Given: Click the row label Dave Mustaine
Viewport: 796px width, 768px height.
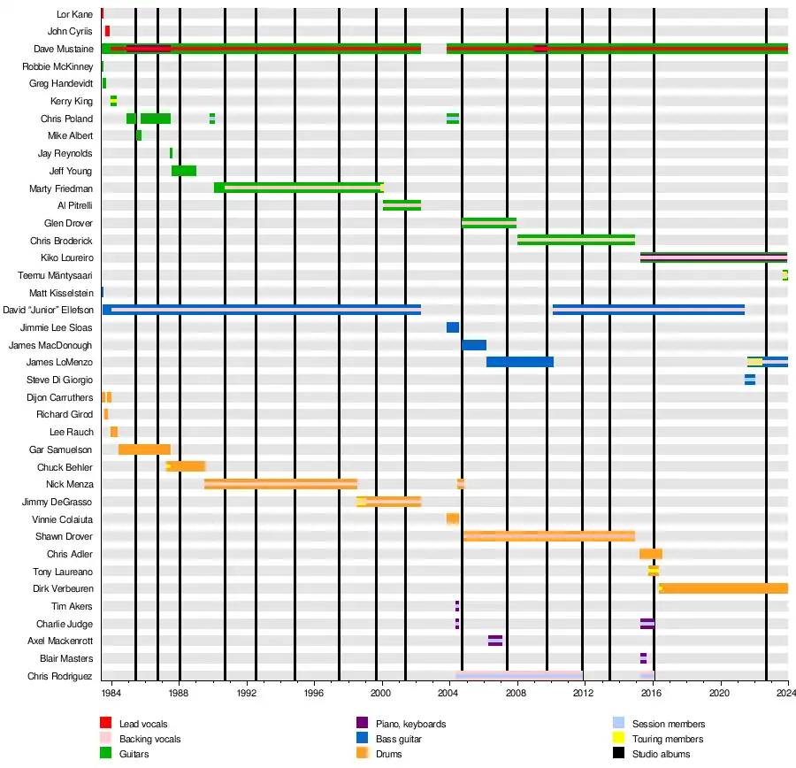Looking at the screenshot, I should click(x=63, y=49).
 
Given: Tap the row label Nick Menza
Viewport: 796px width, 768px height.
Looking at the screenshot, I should click(x=70, y=484).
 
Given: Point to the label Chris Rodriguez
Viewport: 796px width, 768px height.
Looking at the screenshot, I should click(x=60, y=676).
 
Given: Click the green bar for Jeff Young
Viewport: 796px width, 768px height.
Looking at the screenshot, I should click(x=184, y=171).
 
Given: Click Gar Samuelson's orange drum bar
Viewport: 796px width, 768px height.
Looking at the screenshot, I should click(x=144, y=449).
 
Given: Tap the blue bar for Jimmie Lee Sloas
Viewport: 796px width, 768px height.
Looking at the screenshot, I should click(x=453, y=327).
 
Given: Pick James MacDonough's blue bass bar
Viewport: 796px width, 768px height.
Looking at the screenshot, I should click(x=474, y=345).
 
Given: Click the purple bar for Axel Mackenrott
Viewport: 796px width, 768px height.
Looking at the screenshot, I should click(x=495, y=641).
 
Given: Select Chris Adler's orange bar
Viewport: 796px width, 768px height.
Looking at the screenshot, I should click(x=651, y=554).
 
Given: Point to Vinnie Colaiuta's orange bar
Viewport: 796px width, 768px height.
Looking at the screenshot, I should click(x=452, y=518).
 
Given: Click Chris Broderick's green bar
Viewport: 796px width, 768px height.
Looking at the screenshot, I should click(x=576, y=240).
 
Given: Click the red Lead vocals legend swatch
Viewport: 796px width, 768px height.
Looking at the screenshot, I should click(x=104, y=724).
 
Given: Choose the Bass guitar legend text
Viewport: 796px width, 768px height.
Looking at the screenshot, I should click(x=399, y=739).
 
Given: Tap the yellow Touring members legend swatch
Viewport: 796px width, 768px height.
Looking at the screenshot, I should click(x=618, y=739).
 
